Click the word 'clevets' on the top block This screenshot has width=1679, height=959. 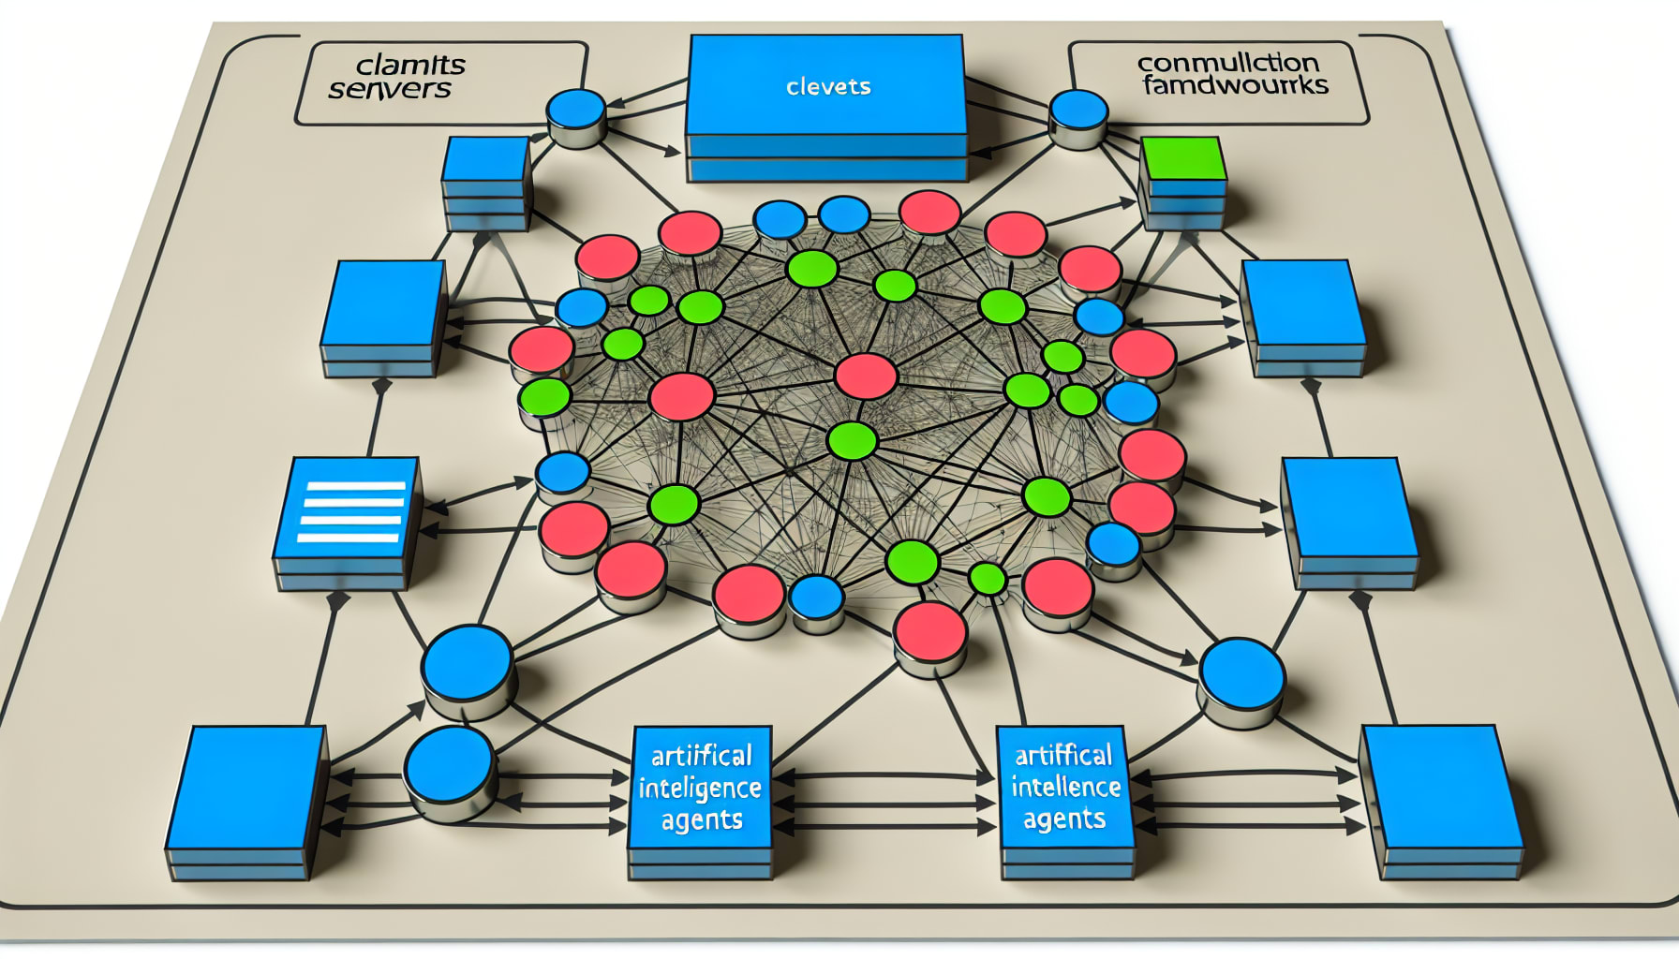(x=828, y=87)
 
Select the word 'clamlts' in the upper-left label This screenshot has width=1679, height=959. (x=410, y=66)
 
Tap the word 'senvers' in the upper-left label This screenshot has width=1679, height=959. (x=389, y=90)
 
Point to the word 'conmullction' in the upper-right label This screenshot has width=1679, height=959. (x=1227, y=64)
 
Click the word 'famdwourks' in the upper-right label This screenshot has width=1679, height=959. (x=1235, y=86)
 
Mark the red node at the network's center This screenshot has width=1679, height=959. (x=865, y=376)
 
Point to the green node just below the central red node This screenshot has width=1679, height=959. (x=852, y=441)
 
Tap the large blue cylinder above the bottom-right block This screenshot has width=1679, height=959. (x=1241, y=674)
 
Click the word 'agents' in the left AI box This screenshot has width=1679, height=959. (x=701, y=821)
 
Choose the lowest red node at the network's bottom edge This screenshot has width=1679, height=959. (x=929, y=631)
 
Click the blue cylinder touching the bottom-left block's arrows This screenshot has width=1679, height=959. (x=449, y=768)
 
